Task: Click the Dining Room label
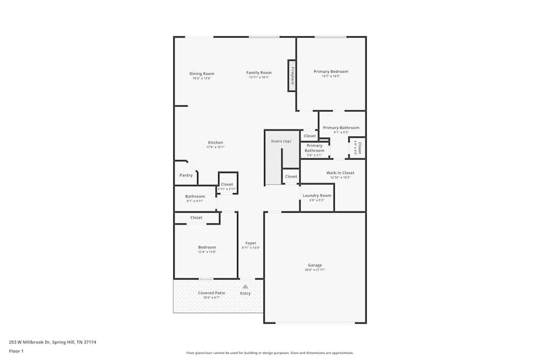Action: click(x=201, y=73)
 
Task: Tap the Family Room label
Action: click(x=259, y=72)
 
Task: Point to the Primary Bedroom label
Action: click(x=331, y=71)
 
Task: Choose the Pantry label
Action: click(x=186, y=175)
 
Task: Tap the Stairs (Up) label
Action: click(x=281, y=141)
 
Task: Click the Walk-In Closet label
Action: click(x=340, y=173)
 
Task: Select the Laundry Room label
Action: click(x=317, y=195)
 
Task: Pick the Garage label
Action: click(x=315, y=265)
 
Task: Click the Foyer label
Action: click(x=251, y=243)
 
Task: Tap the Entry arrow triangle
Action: click(x=245, y=287)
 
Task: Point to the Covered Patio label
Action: click(x=212, y=293)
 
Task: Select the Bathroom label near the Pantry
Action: click(x=195, y=196)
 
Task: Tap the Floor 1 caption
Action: click(x=16, y=351)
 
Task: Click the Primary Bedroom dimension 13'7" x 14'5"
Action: click(x=331, y=76)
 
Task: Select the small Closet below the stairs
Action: click(x=291, y=176)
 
